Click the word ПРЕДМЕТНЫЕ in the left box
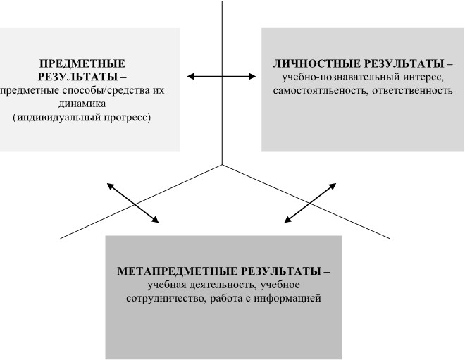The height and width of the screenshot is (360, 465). point(82,63)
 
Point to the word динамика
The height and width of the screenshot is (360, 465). point(82,104)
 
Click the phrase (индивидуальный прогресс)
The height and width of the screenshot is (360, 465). point(82,118)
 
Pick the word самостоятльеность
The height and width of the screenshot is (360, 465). point(321,90)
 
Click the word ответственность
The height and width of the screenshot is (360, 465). point(412,90)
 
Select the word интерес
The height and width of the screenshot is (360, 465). point(423,77)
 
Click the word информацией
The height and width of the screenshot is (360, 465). point(287,298)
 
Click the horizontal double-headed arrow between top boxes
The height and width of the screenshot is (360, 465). point(221,77)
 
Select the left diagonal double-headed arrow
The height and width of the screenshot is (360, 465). point(133,203)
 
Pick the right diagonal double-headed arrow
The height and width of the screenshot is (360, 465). point(310,203)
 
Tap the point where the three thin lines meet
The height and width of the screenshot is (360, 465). point(222,165)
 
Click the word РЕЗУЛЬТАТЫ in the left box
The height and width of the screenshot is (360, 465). point(77,77)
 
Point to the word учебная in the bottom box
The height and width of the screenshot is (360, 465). point(167,285)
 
